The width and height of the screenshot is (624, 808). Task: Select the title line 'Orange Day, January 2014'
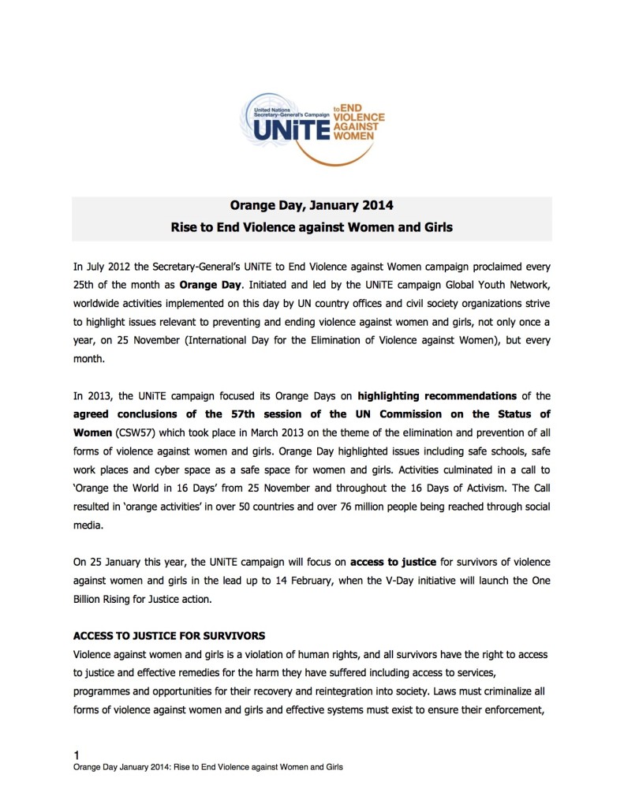tap(312, 208)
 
